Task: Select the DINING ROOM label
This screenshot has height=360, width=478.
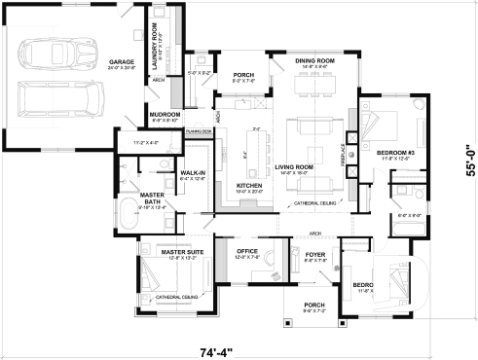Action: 314,61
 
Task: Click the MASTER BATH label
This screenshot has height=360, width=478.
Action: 151,198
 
